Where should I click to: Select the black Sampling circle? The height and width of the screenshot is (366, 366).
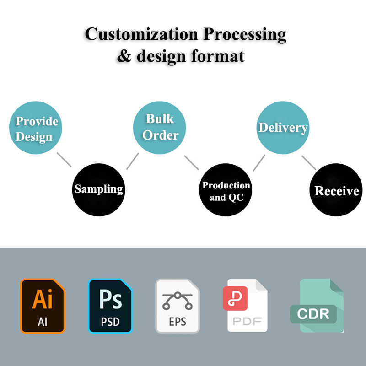click(x=99, y=189)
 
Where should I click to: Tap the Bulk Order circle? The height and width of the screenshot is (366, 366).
click(x=159, y=127)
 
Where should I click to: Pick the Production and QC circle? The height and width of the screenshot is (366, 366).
click(x=226, y=191)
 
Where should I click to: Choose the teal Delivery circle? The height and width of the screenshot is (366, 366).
click(x=282, y=127)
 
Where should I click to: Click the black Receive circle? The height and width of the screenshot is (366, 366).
click(x=336, y=191)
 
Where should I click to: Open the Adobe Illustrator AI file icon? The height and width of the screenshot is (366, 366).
click(x=43, y=306)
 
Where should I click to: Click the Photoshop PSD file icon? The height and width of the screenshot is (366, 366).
click(x=110, y=306)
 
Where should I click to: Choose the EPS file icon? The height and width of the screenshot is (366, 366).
click(x=178, y=306)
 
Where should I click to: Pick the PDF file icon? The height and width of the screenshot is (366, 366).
click(x=248, y=306)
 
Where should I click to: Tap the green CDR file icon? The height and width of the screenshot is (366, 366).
click(x=317, y=306)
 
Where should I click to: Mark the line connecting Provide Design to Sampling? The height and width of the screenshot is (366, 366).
click(x=64, y=160)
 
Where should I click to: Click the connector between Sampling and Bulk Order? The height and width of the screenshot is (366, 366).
click(x=132, y=161)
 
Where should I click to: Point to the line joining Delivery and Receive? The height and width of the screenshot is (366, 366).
click(x=309, y=163)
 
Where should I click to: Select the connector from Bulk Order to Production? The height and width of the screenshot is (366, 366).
click(x=191, y=163)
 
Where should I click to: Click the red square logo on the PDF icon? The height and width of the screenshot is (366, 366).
click(x=235, y=298)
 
